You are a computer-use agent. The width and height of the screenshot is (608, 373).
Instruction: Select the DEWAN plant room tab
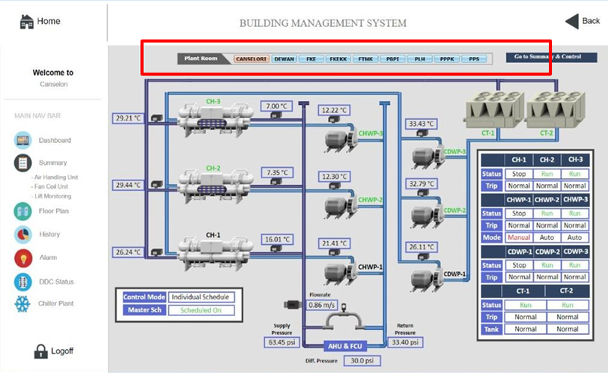pos(284,58)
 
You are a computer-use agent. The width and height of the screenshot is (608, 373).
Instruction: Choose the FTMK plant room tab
pos(365,58)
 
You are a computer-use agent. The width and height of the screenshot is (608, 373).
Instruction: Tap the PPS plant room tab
pos(474,58)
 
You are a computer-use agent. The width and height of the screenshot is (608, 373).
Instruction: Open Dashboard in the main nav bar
pos(54,141)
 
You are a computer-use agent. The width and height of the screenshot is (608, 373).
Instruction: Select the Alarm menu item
pos(48,258)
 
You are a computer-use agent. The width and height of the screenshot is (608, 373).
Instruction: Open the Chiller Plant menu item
pos(56,304)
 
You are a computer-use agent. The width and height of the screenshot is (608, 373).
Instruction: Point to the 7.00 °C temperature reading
pos(276,106)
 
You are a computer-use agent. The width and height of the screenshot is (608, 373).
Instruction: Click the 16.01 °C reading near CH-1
pos(276,240)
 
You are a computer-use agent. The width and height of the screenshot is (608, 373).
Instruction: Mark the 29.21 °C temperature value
pos(129,118)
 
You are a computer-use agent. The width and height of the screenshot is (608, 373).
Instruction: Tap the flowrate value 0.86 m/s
pos(322,306)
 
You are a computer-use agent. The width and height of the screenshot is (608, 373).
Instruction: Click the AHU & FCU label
pos(345,347)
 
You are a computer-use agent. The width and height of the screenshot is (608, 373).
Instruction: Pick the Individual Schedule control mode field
pos(200,297)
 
